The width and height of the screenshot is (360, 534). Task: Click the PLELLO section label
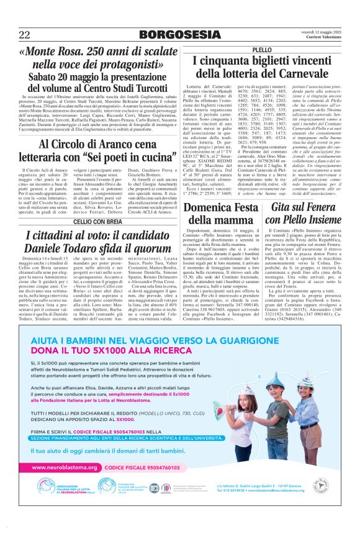point(262,49)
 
